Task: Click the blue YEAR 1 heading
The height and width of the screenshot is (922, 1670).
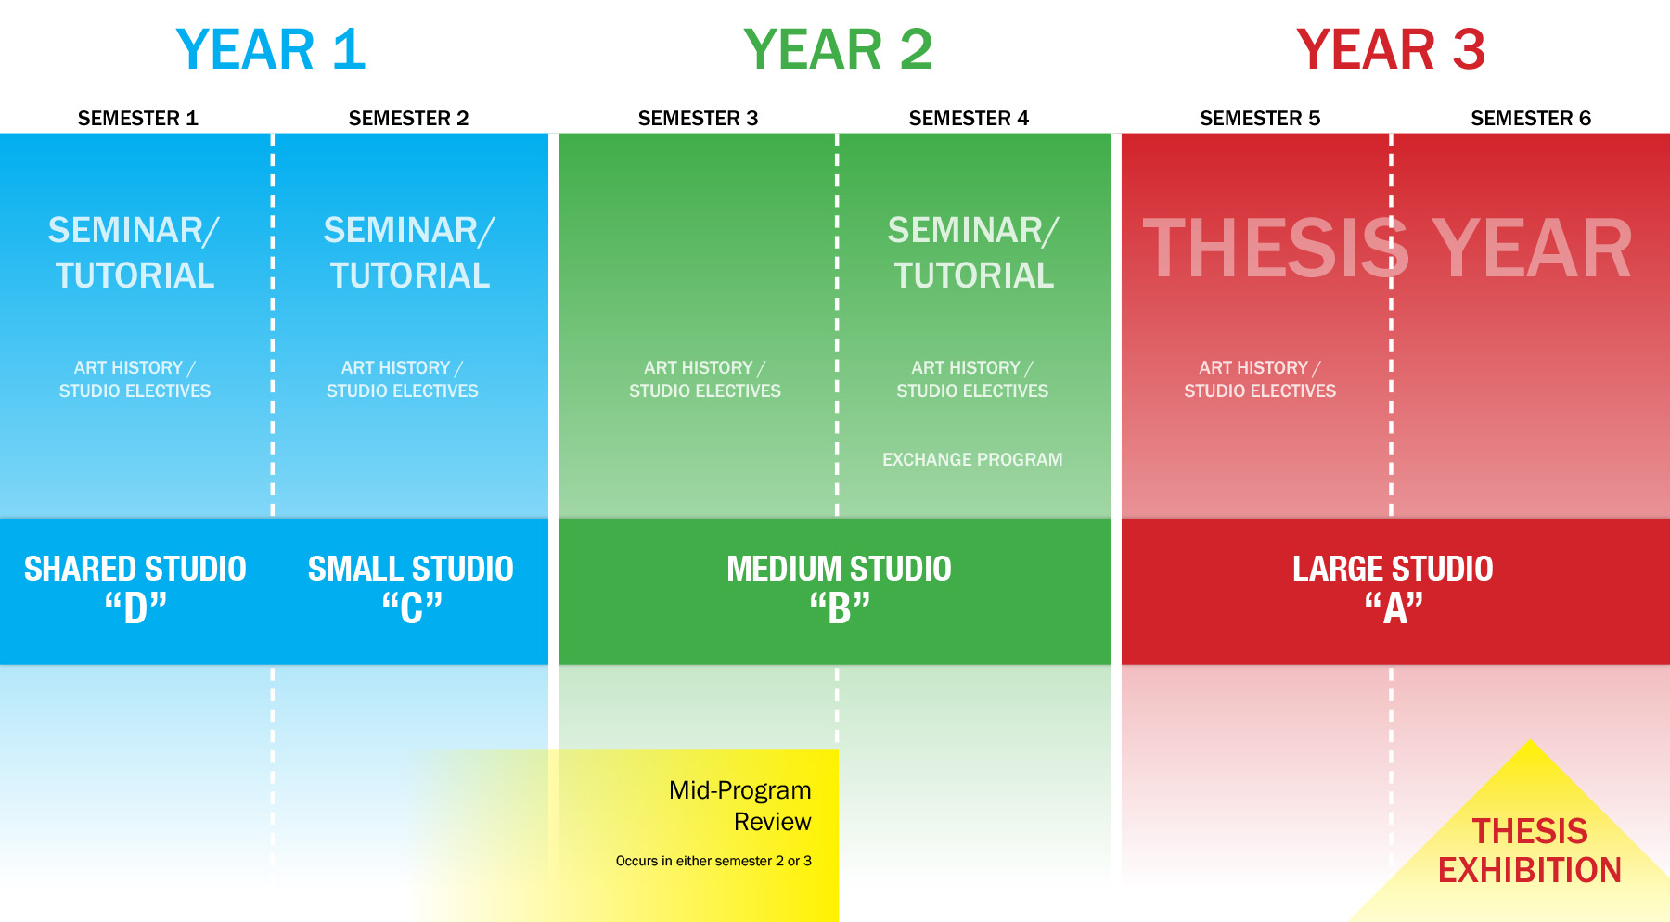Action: [x=271, y=49]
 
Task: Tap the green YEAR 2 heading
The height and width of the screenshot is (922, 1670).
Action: [x=838, y=49]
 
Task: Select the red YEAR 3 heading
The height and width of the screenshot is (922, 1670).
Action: [x=1391, y=49]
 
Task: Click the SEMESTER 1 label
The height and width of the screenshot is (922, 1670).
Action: [x=138, y=118]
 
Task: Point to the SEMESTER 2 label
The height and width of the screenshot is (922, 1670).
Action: [x=409, y=118]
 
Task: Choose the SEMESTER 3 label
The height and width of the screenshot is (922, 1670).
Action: [x=699, y=118]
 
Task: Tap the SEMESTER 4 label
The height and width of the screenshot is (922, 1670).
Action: [x=970, y=118]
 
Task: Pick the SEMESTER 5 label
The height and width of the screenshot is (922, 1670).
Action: [x=1260, y=118]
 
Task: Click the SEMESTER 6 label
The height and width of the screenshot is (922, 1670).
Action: [x=1531, y=118]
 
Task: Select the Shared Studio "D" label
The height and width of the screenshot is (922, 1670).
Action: [x=135, y=589]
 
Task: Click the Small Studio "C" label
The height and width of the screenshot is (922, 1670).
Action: [x=411, y=589]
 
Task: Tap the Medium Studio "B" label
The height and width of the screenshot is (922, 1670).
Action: [x=840, y=589]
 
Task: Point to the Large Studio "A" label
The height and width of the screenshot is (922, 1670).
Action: [x=1394, y=589]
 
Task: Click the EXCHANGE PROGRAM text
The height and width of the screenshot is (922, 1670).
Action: [x=972, y=459]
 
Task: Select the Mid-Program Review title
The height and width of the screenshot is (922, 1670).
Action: [x=740, y=806]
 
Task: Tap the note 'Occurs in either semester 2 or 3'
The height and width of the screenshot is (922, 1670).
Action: [x=713, y=861]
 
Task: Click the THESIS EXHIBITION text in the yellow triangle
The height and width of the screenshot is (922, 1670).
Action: [x=1530, y=851]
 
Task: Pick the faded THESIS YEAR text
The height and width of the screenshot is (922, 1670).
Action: [x=1387, y=249]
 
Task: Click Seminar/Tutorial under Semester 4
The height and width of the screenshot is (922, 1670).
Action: [x=973, y=252]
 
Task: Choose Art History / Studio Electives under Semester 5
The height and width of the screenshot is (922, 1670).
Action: [x=1260, y=379]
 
